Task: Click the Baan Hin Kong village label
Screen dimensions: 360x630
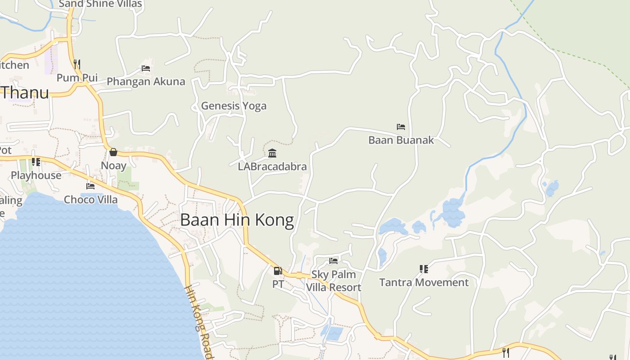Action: pos(237,220)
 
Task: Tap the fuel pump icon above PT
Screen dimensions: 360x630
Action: pos(278,271)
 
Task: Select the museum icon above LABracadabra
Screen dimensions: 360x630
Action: pos(272,153)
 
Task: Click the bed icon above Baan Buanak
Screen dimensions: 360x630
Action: pos(401,127)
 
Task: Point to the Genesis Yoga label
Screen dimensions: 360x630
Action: pos(234,106)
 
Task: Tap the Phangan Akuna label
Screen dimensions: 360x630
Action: pos(146,81)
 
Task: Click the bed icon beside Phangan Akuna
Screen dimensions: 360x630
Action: pos(146,68)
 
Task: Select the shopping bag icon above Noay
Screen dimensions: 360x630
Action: pos(113,152)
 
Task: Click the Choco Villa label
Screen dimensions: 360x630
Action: pos(90,199)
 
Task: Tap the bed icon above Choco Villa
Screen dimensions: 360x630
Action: pos(90,186)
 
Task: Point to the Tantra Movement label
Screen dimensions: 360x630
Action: pos(424,282)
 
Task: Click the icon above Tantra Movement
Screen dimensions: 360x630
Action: pos(423,269)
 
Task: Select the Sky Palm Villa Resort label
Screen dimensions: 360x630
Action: pos(333,281)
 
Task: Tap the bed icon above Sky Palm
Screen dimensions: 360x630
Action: pos(333,261)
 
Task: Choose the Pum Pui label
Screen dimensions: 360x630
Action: pos(77,77)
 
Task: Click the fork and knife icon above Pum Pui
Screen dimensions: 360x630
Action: pos(77,64)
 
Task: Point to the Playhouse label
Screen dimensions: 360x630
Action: pos(36,175)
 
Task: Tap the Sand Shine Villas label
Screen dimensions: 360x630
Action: pos(100,4)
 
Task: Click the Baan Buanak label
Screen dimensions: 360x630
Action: pos(401,140)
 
